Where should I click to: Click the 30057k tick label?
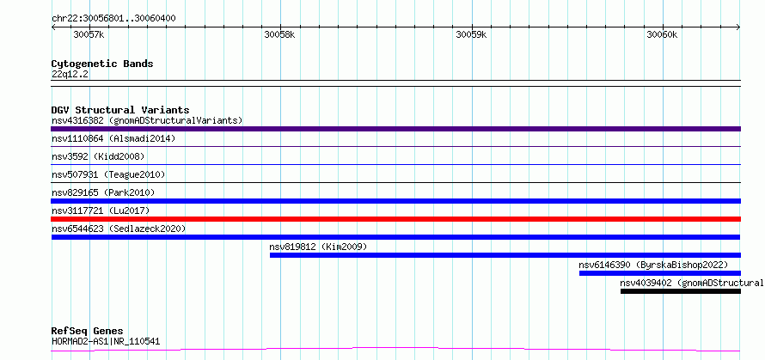[x=89, y=34]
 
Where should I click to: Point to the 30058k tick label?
[x=279, y=34]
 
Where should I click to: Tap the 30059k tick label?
[x=471, y=34]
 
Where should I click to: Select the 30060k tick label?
[x=662, y=34]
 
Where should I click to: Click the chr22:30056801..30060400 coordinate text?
[x=113, y=19]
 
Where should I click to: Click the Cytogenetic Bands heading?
[x=102, y=64]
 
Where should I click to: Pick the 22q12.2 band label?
[x=70, y=75]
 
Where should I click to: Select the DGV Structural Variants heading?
[x=120, y=110]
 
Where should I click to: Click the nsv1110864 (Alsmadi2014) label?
[x=113, y=138]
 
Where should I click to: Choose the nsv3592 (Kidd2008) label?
[x=98, y=156]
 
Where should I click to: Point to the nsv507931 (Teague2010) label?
[x=108, y=174]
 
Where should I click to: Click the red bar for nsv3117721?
[x=395, y=219]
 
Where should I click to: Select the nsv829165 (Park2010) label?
[x=103, y=192]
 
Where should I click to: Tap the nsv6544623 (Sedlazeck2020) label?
[x=119, y=229]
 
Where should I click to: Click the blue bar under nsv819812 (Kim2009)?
[x=505, y=255]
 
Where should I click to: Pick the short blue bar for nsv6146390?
[x=660, y=273]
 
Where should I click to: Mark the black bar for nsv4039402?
[x=681, y=291]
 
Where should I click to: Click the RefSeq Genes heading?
[x=88, y=332]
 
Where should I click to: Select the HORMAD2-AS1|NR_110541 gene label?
[x=106, y=341]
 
